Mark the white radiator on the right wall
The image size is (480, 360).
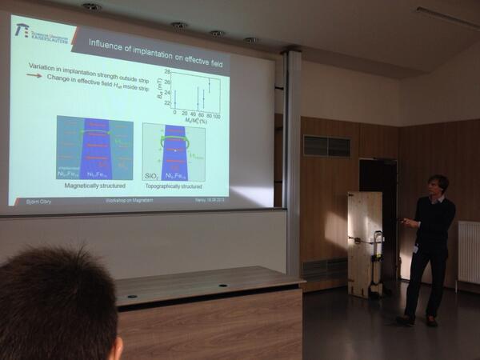click(468, 252)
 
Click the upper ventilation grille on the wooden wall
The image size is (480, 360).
click(326, 146)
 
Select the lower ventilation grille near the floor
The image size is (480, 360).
click(324, 269)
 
